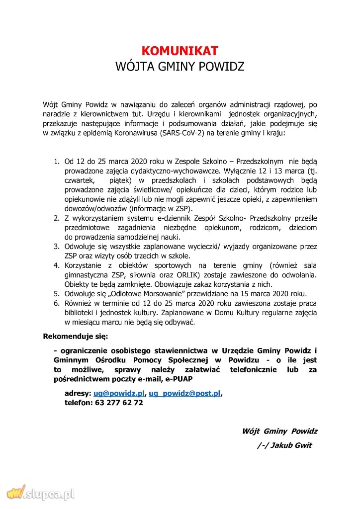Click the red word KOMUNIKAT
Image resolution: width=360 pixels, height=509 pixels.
coord(180,51)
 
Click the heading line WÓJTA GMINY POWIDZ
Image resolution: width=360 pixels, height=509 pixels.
coord(180,66)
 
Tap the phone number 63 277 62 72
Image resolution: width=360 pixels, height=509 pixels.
coord(117,403)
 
